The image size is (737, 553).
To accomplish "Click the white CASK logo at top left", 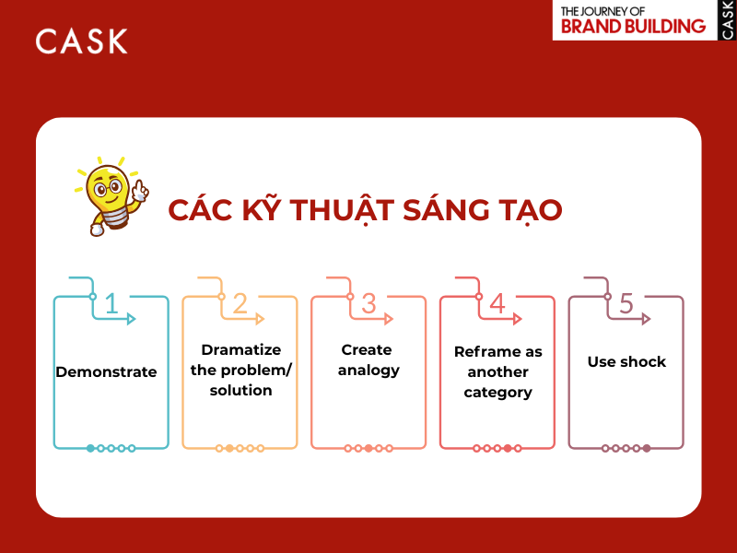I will click(81, 41).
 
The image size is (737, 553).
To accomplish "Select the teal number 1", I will click(111, 303).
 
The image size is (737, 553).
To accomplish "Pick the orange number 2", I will click(240, 303).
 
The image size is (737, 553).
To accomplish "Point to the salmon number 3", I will click(368, 303).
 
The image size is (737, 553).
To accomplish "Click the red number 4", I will click(497, 303).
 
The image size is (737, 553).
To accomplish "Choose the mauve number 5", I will click(626, 303).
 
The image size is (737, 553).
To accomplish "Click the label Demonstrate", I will click(106, 372).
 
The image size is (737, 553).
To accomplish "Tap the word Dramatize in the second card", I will click(240, 350).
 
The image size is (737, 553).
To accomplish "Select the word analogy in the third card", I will click(368, 371).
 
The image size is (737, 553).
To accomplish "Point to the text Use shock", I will click(626, 362).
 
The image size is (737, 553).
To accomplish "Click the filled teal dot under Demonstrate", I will click(90, 448).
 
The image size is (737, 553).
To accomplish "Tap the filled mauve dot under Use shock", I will click(647, 448).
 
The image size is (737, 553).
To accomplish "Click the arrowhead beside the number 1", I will click(132, 319).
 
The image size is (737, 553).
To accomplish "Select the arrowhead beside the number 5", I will click(647, 319).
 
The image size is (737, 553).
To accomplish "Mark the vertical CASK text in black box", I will click(727, 19).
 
